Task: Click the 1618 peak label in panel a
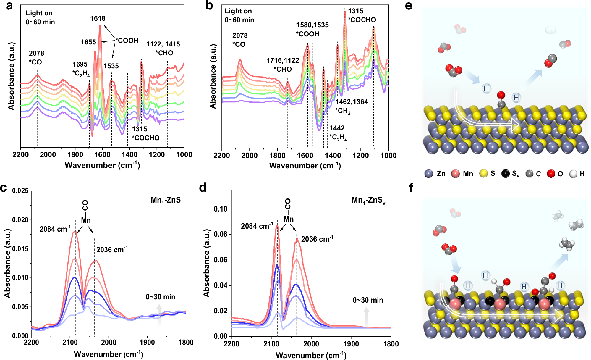click(98, 18)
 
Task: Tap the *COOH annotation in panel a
click(127, 41)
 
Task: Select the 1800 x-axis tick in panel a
click(75, 155)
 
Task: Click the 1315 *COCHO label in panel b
click(362, 15)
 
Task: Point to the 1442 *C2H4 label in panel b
click(338, 133)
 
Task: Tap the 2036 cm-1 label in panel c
click(112, 250)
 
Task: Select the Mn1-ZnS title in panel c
click(166, 200)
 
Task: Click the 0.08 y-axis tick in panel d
click(221, 234)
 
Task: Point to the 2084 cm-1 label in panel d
click(257, 226)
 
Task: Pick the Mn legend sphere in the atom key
click(455, 174)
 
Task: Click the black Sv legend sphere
click(506, 174)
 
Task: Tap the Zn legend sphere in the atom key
click(428, 174)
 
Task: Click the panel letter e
click(409, 6)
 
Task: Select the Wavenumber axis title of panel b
click(305, 166)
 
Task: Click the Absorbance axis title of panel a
click(11, 76)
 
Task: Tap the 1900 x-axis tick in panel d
click(351, 344)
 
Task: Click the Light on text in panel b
click(238, 11)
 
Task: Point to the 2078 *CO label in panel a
click(36, 57)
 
